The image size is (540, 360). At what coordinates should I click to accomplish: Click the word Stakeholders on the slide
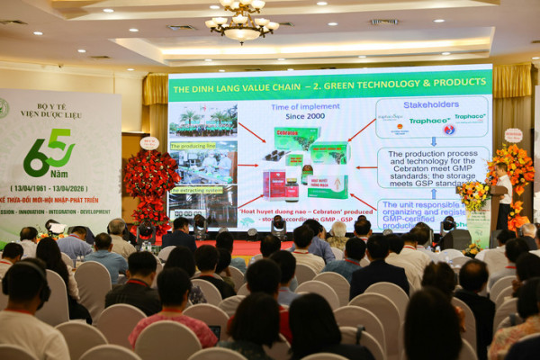point(431,104)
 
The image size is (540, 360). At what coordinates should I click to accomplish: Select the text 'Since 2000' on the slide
point(269,115)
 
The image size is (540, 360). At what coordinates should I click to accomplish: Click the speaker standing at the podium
point(504,193)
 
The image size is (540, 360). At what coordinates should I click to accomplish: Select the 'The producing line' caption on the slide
point(192,145)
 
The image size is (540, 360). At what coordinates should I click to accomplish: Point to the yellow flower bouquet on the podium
point(472,193)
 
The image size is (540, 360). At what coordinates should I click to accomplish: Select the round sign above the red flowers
point(149,142)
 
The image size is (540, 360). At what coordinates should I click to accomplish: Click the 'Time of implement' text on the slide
point(267,105)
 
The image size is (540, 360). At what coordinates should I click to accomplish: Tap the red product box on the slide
point(274,184)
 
